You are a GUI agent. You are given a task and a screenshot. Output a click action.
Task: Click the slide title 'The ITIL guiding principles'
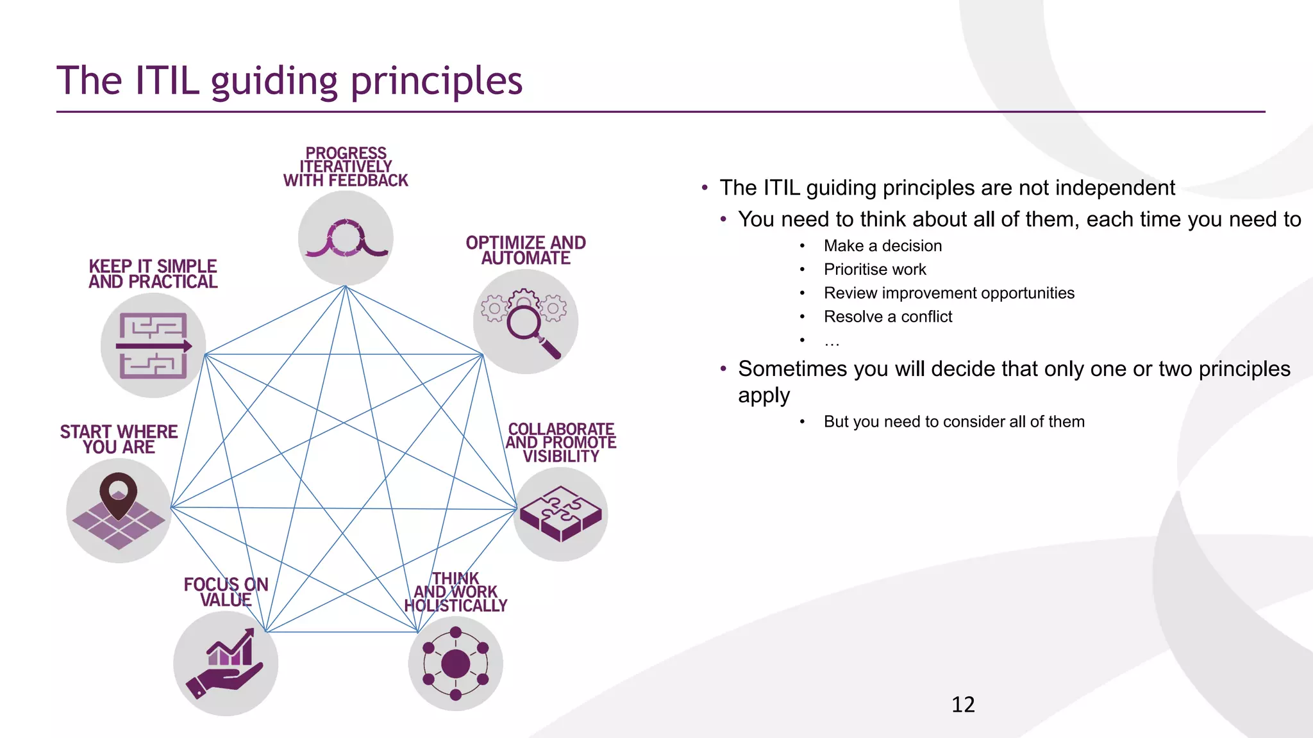pos(290,81)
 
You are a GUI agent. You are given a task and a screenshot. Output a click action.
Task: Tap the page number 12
pos(963,705)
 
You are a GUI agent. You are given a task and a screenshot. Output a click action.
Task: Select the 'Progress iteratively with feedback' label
pos(346,167)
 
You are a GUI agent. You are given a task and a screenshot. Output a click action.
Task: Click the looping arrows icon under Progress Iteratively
pos(346,238)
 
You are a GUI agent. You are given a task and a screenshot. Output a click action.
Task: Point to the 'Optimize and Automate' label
pos(526,250)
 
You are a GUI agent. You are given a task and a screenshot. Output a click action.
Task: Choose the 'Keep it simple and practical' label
pos(153,274)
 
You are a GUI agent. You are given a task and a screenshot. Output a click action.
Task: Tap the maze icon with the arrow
pos(153,346)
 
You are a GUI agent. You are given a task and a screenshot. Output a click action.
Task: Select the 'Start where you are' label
pos(119,439)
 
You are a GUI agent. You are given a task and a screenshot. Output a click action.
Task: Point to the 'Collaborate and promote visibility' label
pos(561,443)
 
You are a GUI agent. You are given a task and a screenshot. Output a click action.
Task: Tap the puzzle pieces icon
pos(561,514)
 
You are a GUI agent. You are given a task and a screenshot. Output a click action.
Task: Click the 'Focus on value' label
pos(226,592)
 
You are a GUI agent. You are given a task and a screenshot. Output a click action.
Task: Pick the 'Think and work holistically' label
pos(456,593)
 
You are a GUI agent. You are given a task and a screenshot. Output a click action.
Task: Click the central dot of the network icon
pos(456,664)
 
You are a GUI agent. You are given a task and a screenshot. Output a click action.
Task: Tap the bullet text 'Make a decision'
pos(883,246)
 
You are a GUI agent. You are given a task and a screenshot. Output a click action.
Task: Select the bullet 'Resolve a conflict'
pos(888,316)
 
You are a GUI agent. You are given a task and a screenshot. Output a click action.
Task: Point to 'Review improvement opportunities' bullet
pos(949,293)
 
